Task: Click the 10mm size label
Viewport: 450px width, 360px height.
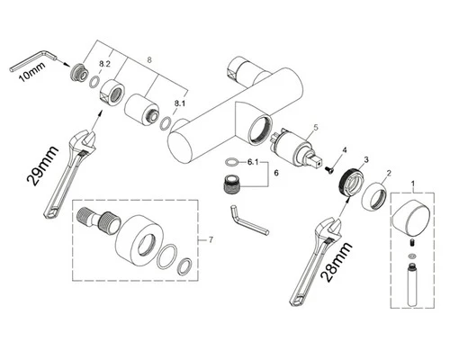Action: click(x=32, y=72)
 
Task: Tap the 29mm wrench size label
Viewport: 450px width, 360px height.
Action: click(x=42, y=166)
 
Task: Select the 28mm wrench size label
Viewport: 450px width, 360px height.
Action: click(x=337, y=262)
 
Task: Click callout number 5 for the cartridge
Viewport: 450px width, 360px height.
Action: click(x=315, y=127)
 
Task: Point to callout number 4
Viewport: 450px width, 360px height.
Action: click(x=345, y=149)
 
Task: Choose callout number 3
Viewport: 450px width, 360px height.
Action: click(x=366, y=160)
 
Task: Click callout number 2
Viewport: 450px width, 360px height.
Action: click(x=389, y=173)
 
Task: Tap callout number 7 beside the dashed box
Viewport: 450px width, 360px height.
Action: click(x=211, y=240)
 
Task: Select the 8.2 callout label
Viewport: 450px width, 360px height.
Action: click(x=105, y=64)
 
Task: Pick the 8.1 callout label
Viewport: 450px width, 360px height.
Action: click(x=180, y=103)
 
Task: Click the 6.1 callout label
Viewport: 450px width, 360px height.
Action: click(x=253, y=162)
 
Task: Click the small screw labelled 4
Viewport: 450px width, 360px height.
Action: click(x=328, y=169)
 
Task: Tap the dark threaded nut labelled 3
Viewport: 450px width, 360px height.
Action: click(x=350, y=182)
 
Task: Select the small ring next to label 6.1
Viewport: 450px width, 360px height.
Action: click(x=231, y=162)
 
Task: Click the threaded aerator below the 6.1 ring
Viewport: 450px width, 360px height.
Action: click(x=232, y=183)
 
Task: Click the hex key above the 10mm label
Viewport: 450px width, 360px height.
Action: click(x=33, y=61)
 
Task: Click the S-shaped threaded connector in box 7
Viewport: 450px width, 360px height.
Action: click(x=98, y=220)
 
